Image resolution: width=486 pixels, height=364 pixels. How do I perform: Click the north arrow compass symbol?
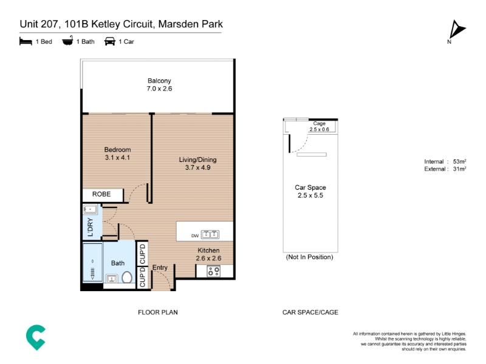click(457, 30)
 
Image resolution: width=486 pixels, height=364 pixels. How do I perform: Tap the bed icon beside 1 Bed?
click(26, 41)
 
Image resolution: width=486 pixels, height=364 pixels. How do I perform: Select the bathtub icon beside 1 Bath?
click(67, 41)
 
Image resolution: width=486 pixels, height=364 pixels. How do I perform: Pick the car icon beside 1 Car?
click(110, 41)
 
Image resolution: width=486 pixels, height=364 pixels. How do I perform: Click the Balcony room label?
click(159, 81)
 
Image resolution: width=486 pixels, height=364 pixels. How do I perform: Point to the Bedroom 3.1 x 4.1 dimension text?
click(117, 158)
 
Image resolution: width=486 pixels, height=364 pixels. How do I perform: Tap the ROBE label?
click(101, 194)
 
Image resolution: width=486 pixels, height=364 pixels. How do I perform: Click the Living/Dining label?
click(198, 160)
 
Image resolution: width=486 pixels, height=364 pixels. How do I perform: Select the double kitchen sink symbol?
click(210, 234)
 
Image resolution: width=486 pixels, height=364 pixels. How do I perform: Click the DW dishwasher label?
click(195, 236)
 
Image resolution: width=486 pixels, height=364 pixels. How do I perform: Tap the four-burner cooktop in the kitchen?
click(214, 271)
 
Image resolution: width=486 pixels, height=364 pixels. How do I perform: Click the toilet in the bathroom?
click(127, 277)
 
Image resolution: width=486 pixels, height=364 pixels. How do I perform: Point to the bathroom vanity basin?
click(112, 278)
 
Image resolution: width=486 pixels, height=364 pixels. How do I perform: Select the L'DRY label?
click(90, 227)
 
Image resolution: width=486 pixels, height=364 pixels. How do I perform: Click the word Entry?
click(160, 268)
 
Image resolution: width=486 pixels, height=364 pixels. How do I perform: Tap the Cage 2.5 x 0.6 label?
click(320, 126)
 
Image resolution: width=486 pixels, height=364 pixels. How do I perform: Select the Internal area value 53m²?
click(460, 161)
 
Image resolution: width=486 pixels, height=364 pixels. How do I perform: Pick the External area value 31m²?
click(460, 169)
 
